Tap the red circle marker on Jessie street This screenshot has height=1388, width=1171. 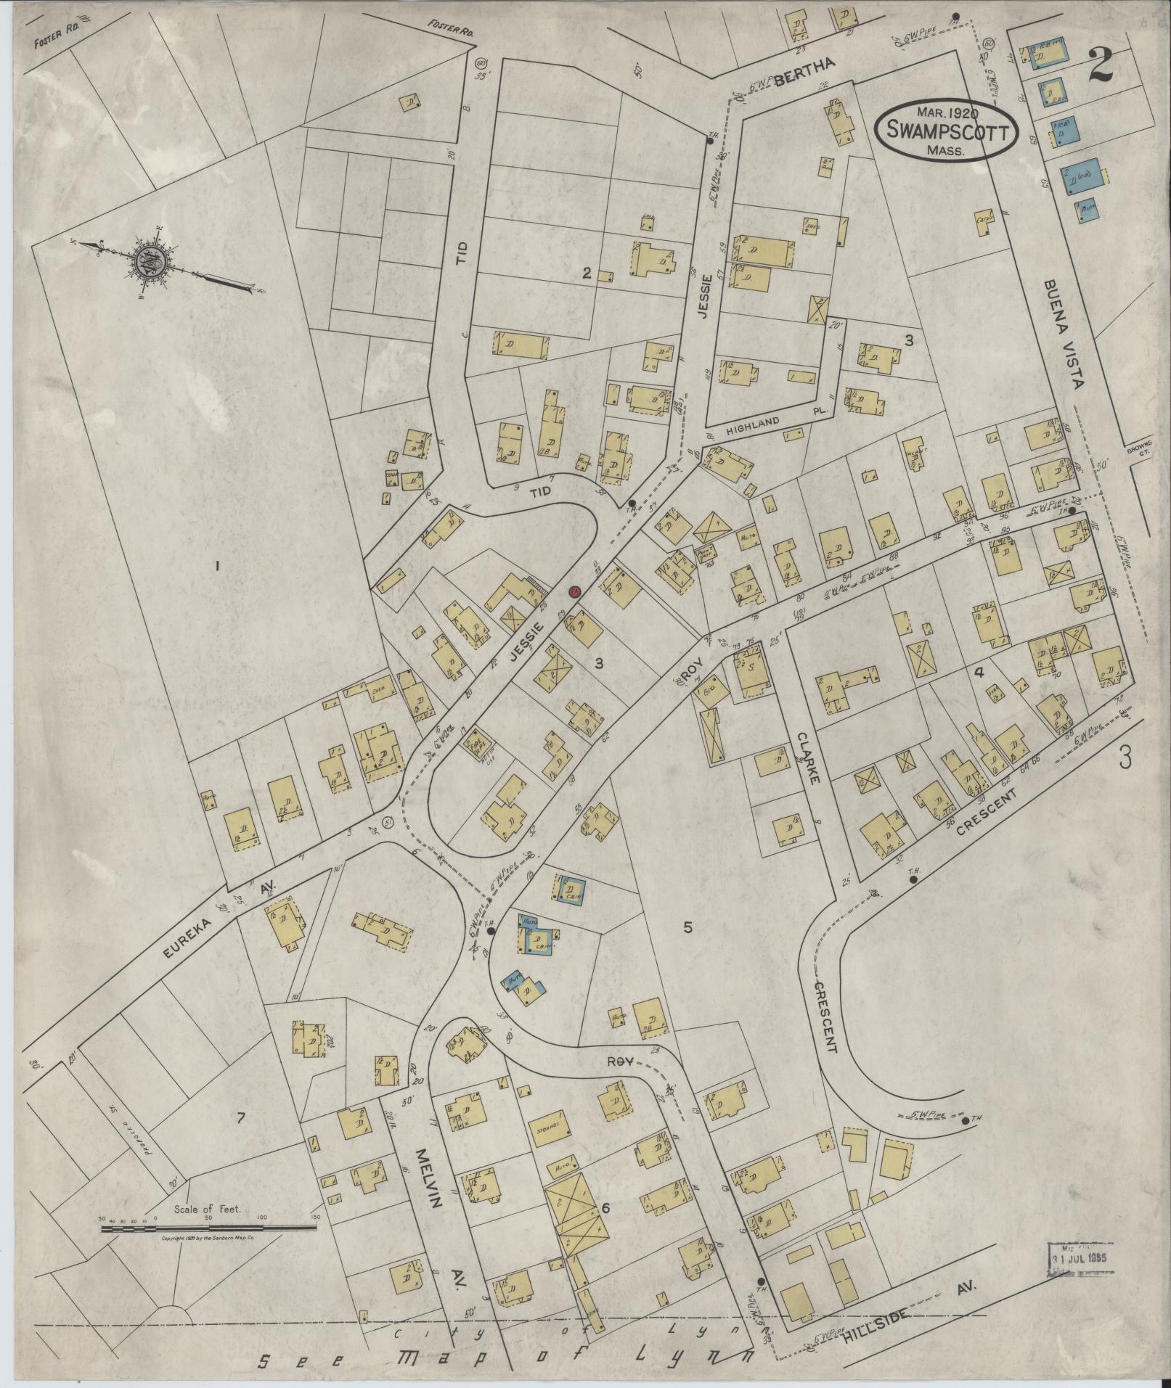(x=574, y=592)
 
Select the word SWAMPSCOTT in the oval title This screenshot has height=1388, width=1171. (x=943, y=133)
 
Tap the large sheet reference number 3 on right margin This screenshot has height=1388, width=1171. (x=1124, y=756)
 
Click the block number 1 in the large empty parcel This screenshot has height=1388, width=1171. (x=216, y=567)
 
